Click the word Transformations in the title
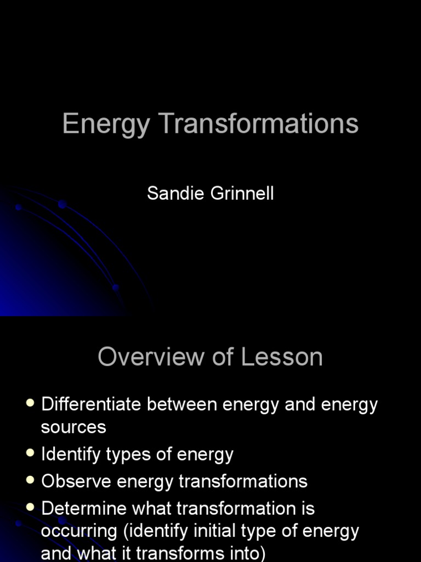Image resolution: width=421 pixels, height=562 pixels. coord(259,123)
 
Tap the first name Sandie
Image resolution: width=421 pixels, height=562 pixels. coord(172,194)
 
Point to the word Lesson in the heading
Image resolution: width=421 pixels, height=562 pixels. coord(282,357)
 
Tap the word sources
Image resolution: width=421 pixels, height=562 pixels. coord(73,427)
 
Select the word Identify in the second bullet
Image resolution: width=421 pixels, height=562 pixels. coord(70,454)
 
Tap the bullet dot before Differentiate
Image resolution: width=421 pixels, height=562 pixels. coord(30,404)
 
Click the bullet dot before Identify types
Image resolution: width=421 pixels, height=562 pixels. coord(30,453)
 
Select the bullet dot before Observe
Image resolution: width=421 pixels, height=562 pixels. coord(30,480)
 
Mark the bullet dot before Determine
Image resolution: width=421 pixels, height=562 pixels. coord(30,507)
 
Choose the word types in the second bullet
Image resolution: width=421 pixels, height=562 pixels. coord(135,454)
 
